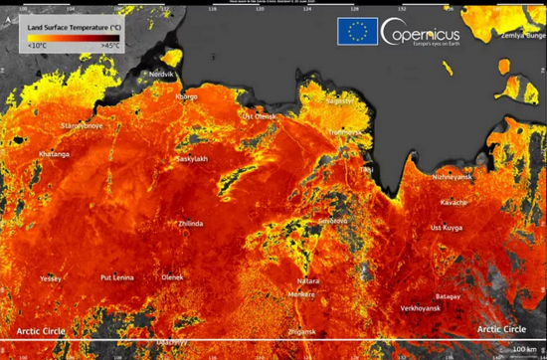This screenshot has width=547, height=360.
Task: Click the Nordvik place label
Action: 161,74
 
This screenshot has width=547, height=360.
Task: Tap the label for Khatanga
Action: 54,154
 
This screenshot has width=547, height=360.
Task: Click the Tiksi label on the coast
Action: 367,169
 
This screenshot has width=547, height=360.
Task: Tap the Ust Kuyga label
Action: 447,228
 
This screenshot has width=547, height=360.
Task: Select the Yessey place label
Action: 51,279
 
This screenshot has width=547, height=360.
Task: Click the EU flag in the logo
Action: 355,32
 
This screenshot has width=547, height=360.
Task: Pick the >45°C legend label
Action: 108,45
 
